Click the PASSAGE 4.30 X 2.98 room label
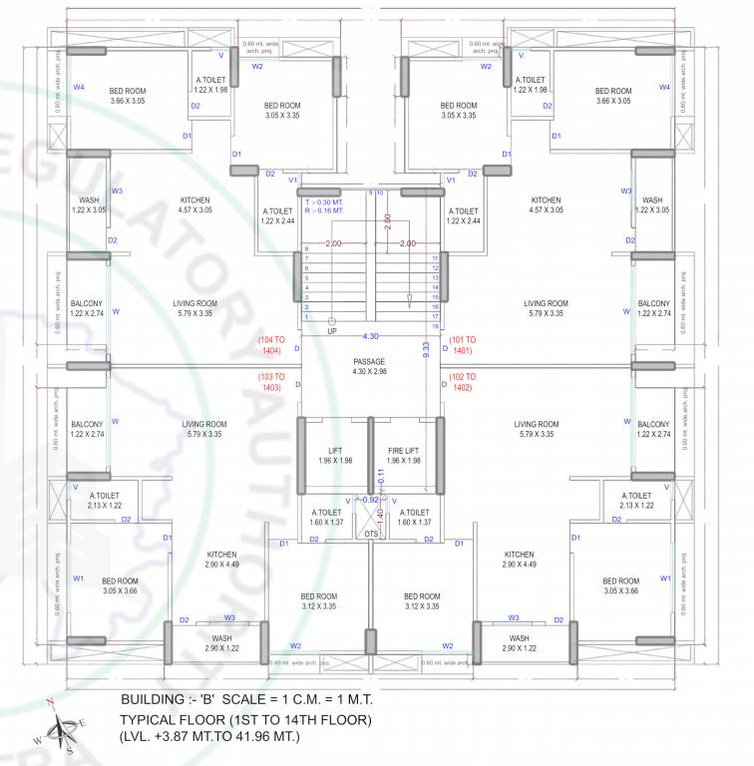point(369,366)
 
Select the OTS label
point(371,535)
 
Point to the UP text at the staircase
point(332,330)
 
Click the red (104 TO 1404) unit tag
point(271,345)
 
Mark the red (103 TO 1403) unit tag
point(271,383)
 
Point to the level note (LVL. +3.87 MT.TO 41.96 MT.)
point(209,737)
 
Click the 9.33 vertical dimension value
point(426,349)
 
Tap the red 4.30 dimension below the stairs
point(370,336)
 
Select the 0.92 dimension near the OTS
point(370,499)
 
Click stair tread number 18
point(436,326)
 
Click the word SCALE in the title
point(257,698)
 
